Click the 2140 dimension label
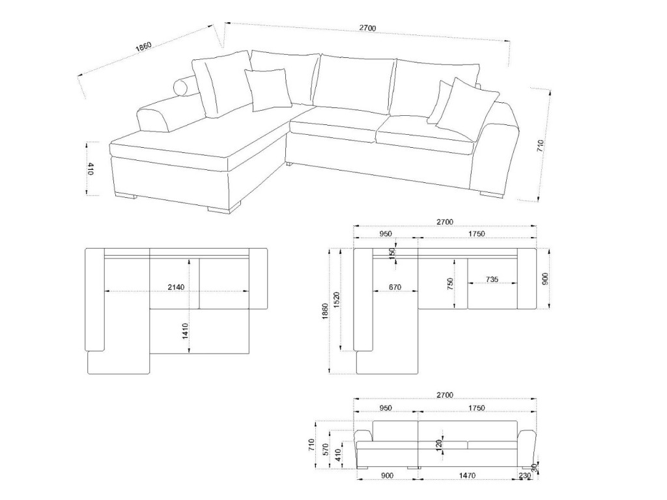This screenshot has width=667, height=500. click(x=176, y=287)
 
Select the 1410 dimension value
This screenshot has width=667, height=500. click(x=185, y=331)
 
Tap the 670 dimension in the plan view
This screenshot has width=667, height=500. click(x=395, y=287)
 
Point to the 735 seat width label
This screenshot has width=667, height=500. click(x=492, y=279)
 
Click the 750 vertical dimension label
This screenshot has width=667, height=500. click(x=450, y=285)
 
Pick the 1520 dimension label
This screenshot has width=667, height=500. click(x=337, y=300)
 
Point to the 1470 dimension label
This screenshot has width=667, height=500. click(x=467, y=475)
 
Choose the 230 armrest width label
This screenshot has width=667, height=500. click(x=525, y=475)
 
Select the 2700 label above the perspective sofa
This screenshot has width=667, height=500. click(x=367, y=28)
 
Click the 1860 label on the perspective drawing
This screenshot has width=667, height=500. click(x=143, y=47)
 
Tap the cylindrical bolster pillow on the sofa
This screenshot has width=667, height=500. click(x=186, y=87)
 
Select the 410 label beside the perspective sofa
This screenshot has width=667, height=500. click(x=91, y=169)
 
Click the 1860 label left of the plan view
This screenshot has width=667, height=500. click(x=326, y=312)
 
